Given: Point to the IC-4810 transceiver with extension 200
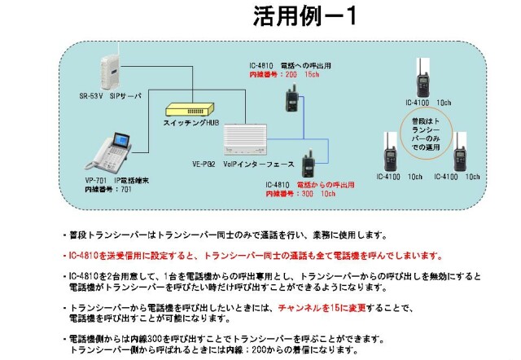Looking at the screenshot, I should click(x=290, y=99).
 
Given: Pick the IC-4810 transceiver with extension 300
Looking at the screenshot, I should click(x=309, y=165).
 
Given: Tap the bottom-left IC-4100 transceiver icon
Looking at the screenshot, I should click(x=389, y=155).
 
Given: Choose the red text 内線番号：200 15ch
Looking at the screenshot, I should click(x=285, y=74).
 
